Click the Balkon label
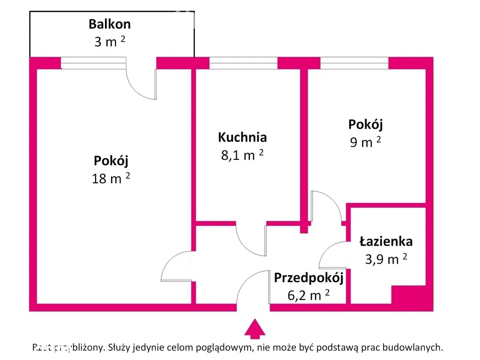pos(110,24)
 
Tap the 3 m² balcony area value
pos(110,42)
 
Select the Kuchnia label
pos(242,137)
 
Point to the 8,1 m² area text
pos(242,155)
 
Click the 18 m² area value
pos(111,178)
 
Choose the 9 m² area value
pos(365,142)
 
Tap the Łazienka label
pos(386,241)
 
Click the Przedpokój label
pos(308,277)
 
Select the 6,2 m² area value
pos(308,295)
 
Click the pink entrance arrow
pos(255,329)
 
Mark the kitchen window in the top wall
pos(243,63)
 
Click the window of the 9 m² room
pos(354,63)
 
